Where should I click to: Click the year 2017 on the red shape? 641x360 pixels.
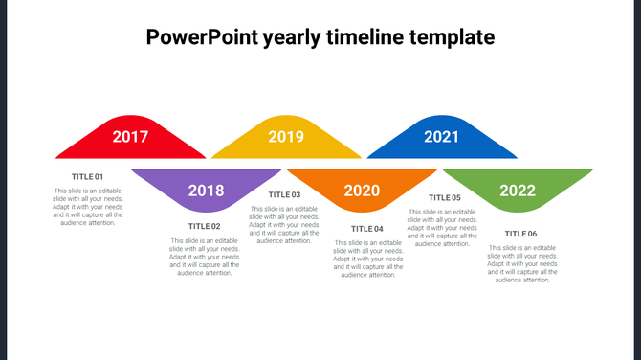130,137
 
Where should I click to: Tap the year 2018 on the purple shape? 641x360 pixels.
206,191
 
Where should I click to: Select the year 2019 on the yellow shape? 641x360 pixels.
286,137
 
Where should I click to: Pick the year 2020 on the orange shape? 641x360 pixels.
362,191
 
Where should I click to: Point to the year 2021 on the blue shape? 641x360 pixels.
441,137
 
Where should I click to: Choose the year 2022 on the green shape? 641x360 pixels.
517,191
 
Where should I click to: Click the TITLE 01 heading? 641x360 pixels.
88,177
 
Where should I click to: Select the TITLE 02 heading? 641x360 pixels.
205,227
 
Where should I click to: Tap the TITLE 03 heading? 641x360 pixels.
284,195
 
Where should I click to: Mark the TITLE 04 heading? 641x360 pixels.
367,229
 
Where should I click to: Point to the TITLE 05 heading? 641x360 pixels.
444,198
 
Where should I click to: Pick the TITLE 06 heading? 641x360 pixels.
521,234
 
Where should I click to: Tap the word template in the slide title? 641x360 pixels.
453,38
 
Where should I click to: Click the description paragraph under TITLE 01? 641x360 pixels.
88,207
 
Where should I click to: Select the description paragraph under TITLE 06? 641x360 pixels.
521,264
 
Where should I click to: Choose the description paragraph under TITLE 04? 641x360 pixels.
367,259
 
